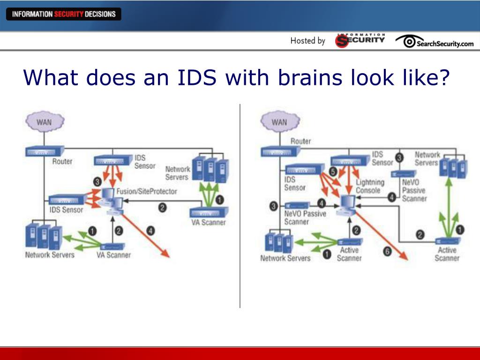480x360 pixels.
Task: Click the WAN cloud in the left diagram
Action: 45,122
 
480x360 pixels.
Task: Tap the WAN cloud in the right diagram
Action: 279,122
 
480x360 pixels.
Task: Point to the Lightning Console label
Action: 370,186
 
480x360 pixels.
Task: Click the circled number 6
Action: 387,252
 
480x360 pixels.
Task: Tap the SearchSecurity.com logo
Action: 435,42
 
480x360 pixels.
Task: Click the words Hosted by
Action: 307,41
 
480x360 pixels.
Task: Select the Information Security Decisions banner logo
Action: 64,14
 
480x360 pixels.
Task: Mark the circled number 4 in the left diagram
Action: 150,230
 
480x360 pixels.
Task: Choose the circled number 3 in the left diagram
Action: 97,181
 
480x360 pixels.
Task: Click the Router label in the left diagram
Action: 62,161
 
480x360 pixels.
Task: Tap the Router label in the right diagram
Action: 300,141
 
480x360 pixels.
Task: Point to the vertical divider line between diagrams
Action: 240,206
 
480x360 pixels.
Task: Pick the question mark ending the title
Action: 443,77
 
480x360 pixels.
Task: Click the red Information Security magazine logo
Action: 360,41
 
